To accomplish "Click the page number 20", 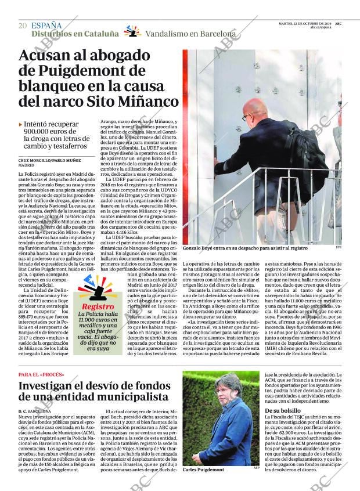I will click(x=23, y=26).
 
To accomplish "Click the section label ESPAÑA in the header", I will click(x=46, y=25).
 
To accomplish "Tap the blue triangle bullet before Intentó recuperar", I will click(x=21, y=124).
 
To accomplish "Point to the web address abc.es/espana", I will click(x=321, y=27).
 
